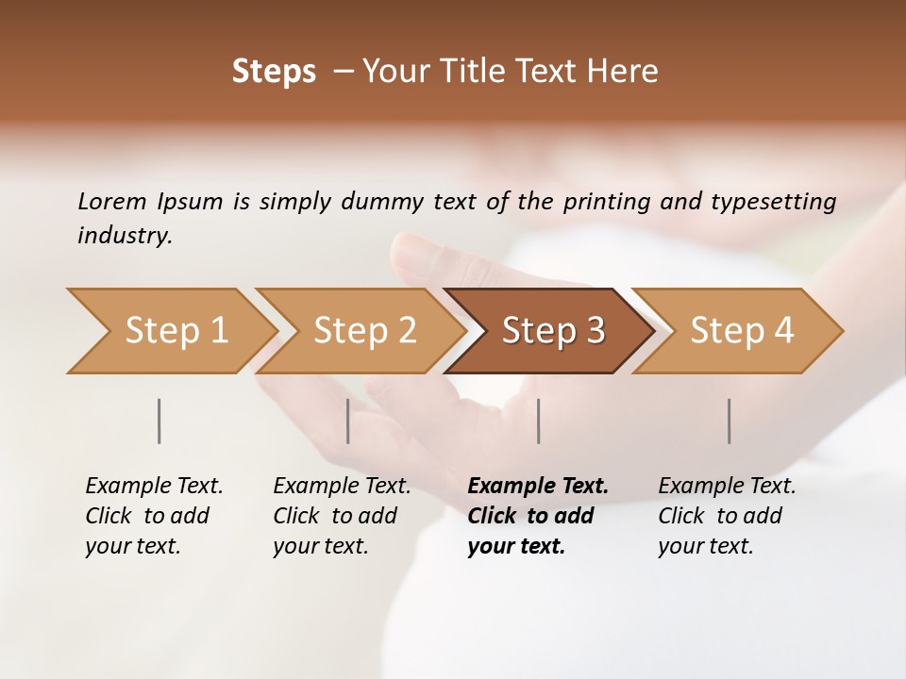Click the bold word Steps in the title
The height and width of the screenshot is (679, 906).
pos(274,72)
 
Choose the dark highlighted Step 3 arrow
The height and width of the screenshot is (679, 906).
pos(553,330)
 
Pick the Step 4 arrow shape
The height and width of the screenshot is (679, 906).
pos(742,330)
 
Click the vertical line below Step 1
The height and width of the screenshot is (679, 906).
pos(159,421)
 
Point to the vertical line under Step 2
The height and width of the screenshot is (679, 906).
pos(348,421)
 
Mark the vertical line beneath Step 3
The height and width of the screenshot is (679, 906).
pos(539,421)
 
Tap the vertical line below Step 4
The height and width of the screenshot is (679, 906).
pos(730,421)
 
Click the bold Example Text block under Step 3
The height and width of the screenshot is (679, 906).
pos(538,516)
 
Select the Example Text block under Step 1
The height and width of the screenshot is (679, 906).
pos(154,516)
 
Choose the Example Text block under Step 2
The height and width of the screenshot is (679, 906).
pos(342,516)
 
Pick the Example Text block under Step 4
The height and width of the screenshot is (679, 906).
pos(727,516)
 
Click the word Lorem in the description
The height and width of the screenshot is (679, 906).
pos(112,201)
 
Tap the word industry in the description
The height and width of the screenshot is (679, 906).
pos(124,235)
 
